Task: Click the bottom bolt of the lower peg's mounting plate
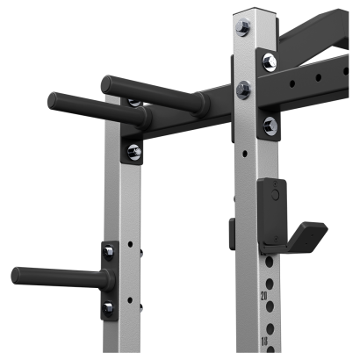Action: pyautogui.click(x=108, y=306)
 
